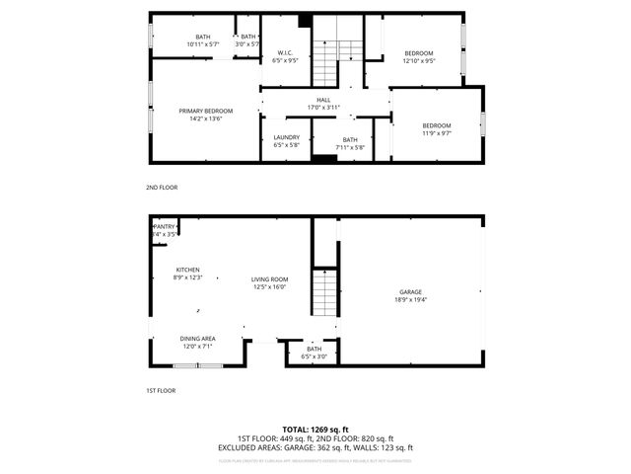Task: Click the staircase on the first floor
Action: point(324,293)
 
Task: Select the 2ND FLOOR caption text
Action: point(162,187)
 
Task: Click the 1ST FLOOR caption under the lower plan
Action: point(161,391)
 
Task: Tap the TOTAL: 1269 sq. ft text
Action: point(315,430)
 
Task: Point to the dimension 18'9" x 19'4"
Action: point(411,299)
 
